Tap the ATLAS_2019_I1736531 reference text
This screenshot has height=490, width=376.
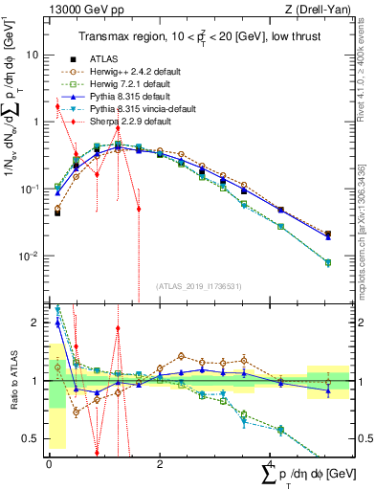pyautogui.click(x=197, y=285)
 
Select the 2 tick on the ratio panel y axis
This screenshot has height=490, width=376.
pyautogui.click(x=35, y=323)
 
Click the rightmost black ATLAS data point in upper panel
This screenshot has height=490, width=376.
pyautogui.click(x=328, y=234)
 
